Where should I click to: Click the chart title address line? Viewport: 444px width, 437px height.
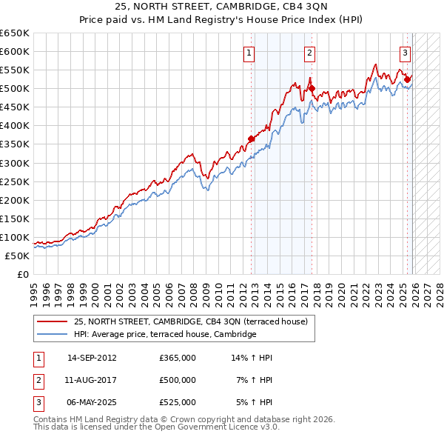tap(221, 7)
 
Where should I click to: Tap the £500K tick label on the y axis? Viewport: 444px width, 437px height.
tap(15, 89)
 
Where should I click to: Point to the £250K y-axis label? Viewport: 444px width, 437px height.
tap(15, 181)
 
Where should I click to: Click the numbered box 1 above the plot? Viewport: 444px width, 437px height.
tap(249, 53)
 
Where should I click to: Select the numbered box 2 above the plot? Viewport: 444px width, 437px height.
tap(309, 53)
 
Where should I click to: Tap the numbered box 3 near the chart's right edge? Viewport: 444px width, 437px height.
tap(406, 53)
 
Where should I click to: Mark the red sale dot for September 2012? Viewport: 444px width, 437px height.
tap(252, 139)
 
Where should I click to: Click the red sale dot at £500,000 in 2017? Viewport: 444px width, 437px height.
tap(312, 88)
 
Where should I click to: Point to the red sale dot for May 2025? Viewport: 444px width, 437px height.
tap(408, 79)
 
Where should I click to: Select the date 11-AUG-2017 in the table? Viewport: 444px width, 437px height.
tap(92, 380)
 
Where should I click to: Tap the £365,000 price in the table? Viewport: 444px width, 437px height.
tap(178, 358)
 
